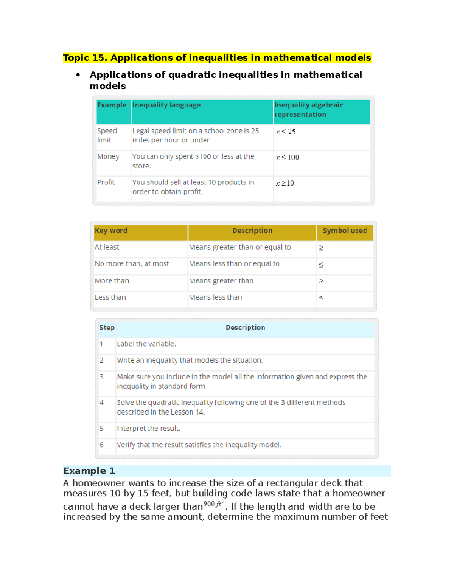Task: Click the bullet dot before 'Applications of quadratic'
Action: click(x=78, y=75)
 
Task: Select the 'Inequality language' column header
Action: click(x=166, y=105)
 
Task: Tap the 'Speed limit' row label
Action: click(x=107, y=135)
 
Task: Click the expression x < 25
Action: click(x=286, y=132)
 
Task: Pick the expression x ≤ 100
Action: click(x=287, y=158)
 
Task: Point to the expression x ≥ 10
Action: click(x=285, y=183)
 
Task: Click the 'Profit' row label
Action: click(x=106, y=182)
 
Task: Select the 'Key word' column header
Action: click(x=111, y=231)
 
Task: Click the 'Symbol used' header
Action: click(x=345, y=231)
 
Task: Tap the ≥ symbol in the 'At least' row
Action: click(x=321, y=248)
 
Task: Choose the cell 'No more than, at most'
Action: click(x=132, y=264)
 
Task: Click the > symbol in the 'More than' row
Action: click(x=321, y=281)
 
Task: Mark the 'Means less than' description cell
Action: click(x=216, y=297)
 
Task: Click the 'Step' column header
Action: click(x=107, y=328)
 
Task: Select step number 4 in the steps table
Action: click(x=101, y=403)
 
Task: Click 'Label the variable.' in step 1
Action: click(x=146, y=344)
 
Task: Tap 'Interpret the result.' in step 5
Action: click(x=148, y=428)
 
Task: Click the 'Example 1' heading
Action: click(x=89, y=471)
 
